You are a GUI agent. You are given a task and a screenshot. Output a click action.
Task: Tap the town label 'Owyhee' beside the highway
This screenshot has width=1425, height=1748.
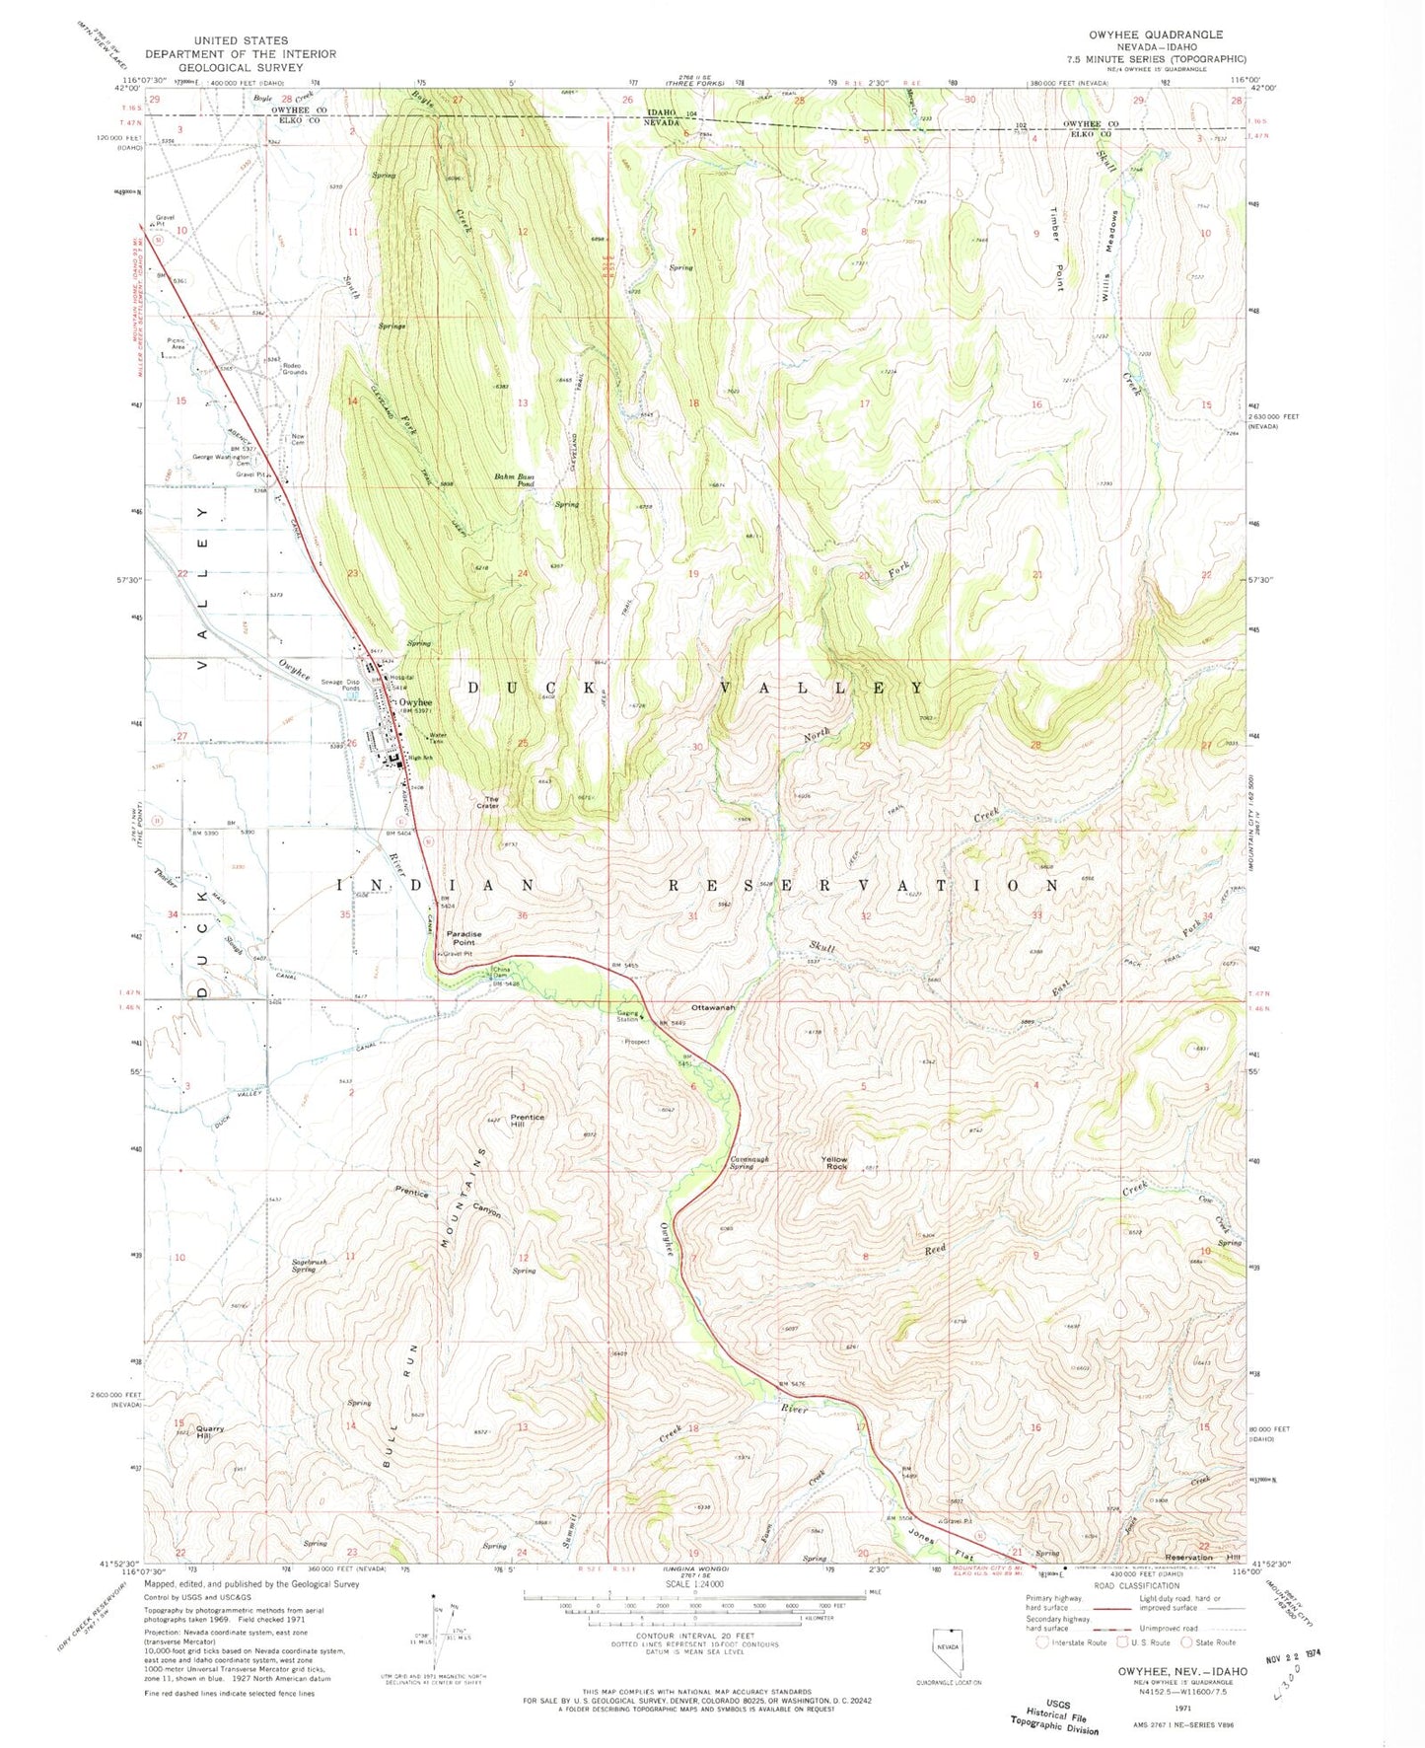pos(415,702)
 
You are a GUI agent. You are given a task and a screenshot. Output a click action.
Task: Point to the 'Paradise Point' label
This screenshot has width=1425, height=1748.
pos(464,937)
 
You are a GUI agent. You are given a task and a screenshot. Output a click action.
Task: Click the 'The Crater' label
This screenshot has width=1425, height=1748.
pos(488,802)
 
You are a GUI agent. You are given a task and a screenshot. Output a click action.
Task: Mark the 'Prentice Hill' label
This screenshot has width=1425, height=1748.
pos(528,1122)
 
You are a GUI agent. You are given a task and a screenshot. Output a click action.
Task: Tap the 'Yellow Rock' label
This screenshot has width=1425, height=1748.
pos(834,1163)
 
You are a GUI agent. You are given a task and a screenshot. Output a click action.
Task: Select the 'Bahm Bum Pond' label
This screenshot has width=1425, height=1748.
pos(514,480)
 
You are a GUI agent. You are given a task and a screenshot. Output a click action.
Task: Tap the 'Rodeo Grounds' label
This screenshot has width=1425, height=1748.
pos(294,368)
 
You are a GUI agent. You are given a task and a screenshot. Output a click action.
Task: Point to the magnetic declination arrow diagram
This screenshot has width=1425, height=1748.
pos(435,1628)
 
